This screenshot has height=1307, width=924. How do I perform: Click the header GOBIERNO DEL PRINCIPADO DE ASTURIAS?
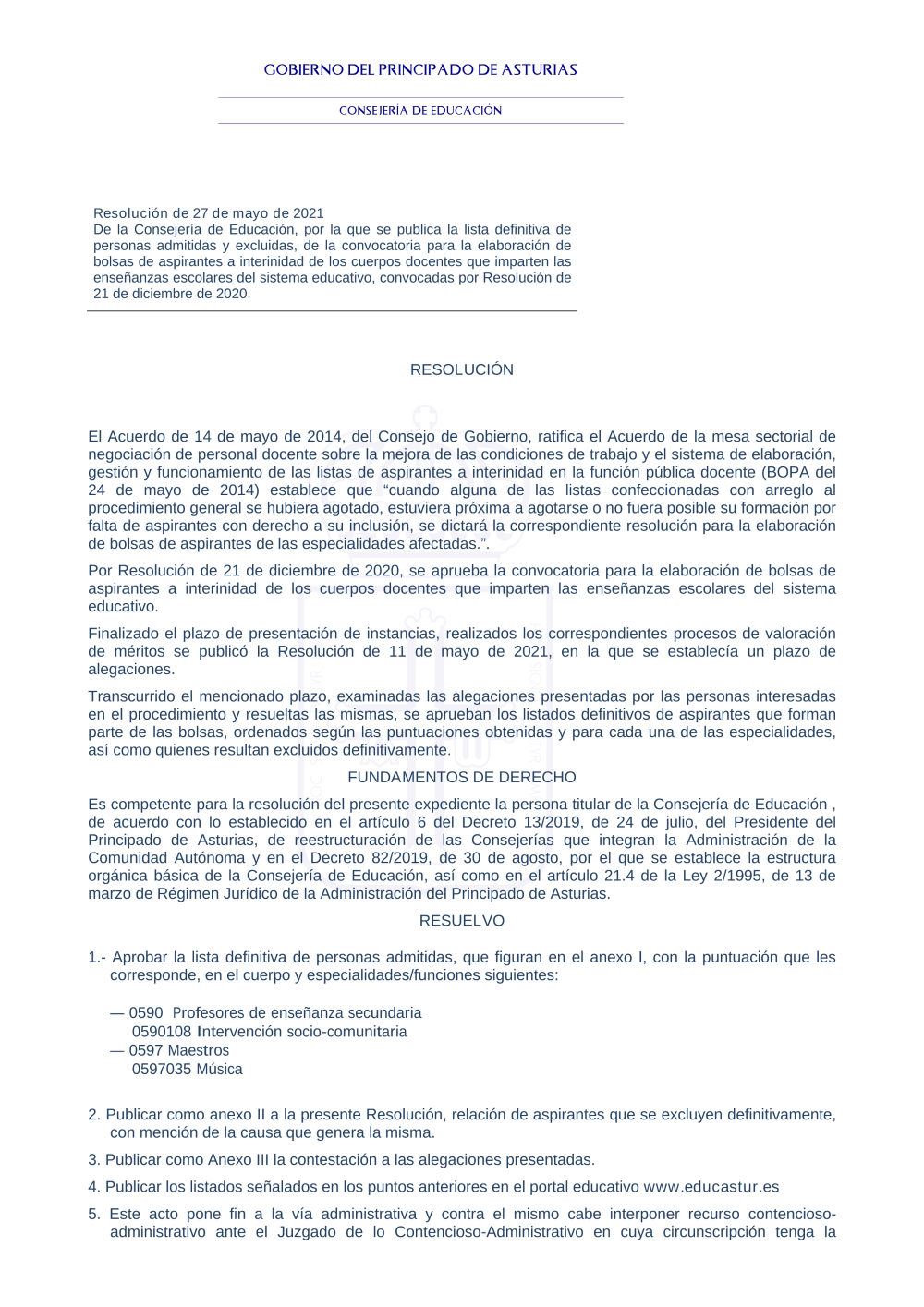pyautogui.click(x=420, y=70)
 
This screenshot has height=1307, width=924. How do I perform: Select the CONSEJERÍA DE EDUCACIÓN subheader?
pyautogui.click(x=420, y=110)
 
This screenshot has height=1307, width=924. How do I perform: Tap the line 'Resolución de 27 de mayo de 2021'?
pyautogui.click(x=209, y=213)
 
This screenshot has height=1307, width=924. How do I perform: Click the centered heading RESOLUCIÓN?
pyautogui.click(x=462, y=369)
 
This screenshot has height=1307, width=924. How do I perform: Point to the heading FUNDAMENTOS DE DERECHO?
pyautogui.click(x=462, y=778)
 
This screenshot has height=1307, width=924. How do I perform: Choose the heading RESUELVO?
pyautogui.click(x=462, y=921)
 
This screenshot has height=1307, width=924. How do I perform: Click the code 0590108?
pyautogui.click(x=162, y=1032)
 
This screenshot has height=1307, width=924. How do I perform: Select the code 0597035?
pyautogui.click(x=162, y=1070)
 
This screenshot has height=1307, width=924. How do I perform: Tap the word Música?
pyautogui.click(x=219, y=1070)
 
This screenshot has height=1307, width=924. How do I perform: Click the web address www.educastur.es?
pyautogui.click(x=711, y=1187)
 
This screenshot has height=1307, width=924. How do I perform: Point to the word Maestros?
pyautogui.click(x=199, y=1051)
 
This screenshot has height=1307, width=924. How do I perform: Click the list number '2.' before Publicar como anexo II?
pyautogui.click(x=94, y=1115)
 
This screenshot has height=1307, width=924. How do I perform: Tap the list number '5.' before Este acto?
pyautogui.click(x=94, y=1215)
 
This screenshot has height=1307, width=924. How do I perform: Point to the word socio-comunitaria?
pyautogui.click(x=350, y=1032)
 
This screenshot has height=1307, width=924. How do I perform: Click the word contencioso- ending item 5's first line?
pyautogui.click(x=792, y=1215)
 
